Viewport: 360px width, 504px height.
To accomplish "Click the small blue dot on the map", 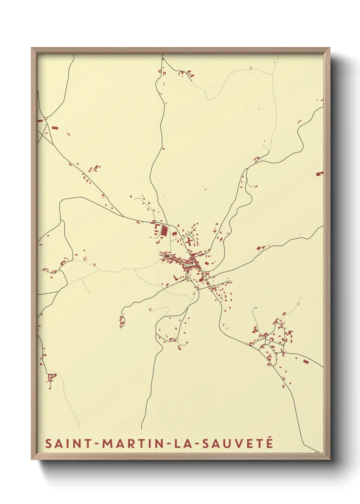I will [x=256, y=308].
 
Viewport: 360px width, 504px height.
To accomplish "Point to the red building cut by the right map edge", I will [x=319, y=174].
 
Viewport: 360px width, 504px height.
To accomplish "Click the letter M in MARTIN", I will [x=107, y=443].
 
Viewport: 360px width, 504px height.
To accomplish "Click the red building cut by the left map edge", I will [x=40, y=121].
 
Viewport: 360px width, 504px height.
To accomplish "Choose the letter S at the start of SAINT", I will [x=48, y=443].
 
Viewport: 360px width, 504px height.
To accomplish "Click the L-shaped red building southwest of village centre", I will [x=176, y=278].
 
